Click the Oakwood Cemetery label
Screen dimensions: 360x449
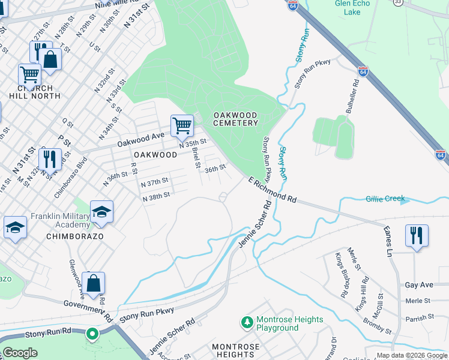pyautogui.click(x=235, y=119)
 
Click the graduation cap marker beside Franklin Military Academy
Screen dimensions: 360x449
pyautogui.click(x=101, y=212)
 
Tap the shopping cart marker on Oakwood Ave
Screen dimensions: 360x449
pyautogui.click(x=182, y=126)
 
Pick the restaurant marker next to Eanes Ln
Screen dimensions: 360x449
pyautogui.click(x=417, y=235)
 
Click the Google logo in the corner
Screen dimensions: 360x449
pyautogui.click(x=20, y=353)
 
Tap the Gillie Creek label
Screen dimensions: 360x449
pyautogui.click(x=385, y=199)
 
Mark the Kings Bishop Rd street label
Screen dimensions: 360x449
pyautogui.click(x=341, y=275)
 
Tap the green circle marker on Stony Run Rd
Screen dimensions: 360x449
pyautogui.click(x=92, y=333)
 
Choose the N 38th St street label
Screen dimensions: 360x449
pyautogui.click(x=156, y=195)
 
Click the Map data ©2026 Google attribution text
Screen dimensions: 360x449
pyautogui.click(x=412, y=355)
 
